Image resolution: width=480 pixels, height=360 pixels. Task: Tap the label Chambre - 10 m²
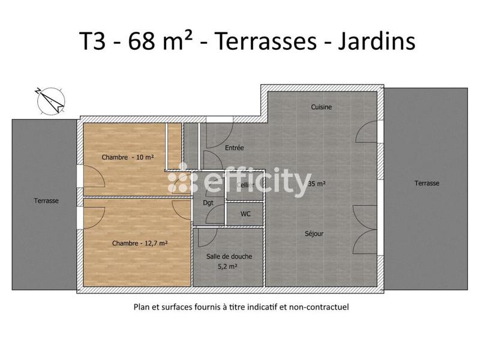[128, 157]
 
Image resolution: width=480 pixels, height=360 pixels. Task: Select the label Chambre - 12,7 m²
[139, 243]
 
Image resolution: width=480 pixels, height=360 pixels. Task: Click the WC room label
[245, 214]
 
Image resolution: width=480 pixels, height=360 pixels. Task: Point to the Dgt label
[208, 203]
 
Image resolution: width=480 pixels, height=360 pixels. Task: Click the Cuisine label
[321, 107]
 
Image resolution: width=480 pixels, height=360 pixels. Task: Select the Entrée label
[234, 148]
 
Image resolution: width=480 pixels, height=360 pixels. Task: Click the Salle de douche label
[229, 256]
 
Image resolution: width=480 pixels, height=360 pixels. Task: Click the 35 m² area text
[316, 184]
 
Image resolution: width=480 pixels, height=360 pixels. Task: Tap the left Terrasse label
[46, 201]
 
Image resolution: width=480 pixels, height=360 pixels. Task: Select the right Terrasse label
[427, 184]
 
